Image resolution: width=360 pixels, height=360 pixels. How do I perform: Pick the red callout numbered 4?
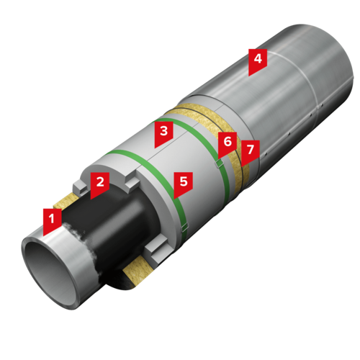click(x=258, y=60)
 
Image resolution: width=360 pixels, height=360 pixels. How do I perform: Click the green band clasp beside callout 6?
click(x=219, y=163)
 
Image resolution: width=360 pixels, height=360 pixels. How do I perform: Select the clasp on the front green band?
click(x=185, y=227)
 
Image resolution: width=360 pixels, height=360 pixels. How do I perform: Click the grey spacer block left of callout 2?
click(x=79, y=186)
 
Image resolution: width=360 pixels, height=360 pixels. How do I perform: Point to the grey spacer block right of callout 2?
click(x=132, y=184)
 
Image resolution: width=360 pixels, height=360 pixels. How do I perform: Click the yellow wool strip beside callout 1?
click(x=66, y=201)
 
